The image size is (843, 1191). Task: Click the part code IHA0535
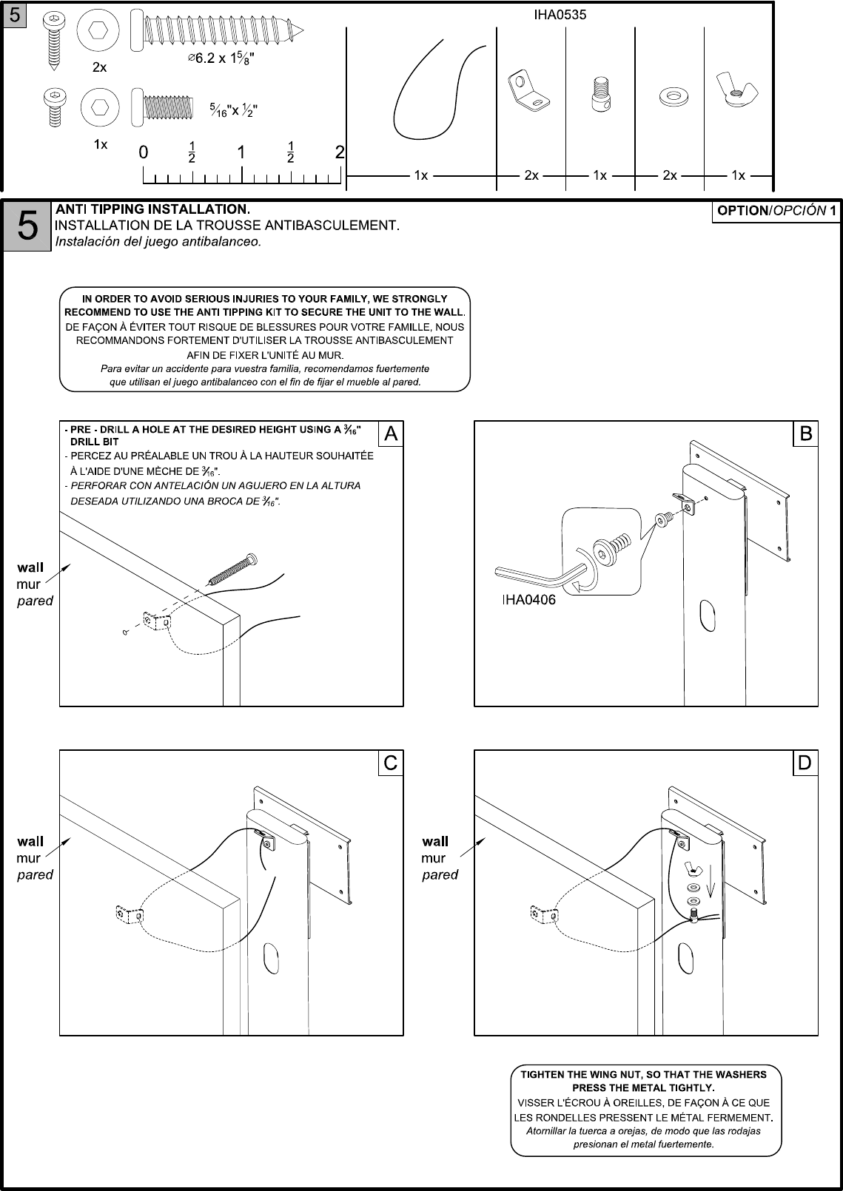[x=560, y=15]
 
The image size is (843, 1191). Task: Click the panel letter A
[x=391, y=434]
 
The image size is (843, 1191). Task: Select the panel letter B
[x=805, y=433]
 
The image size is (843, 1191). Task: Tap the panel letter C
[x=391, y=763]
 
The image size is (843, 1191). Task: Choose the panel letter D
[x=805, y=763]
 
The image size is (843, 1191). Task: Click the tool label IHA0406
[x=528, y=600]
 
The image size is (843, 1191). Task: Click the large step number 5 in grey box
[x=27, y=226]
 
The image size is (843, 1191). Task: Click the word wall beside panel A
[x=30, y=567]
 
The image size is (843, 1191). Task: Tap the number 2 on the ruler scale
[x=340, y=152]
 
